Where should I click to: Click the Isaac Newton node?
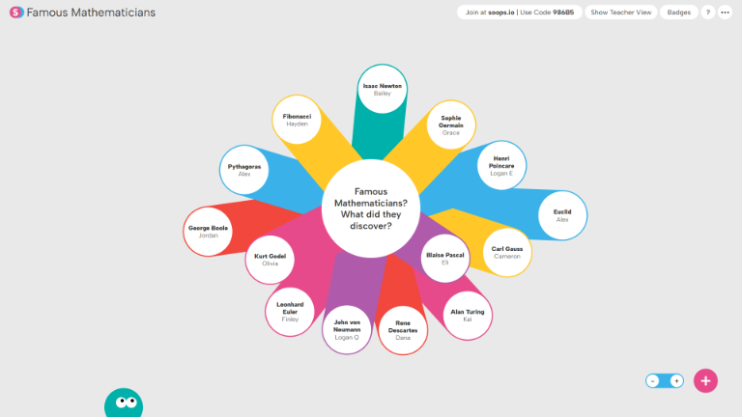383,90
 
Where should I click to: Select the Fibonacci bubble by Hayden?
297,121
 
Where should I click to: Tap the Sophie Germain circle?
451,125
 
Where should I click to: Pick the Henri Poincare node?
501,165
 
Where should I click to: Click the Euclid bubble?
562,215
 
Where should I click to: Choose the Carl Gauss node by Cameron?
507,253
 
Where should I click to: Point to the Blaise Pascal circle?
445,259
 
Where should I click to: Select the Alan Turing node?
468,316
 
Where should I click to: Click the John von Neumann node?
347,330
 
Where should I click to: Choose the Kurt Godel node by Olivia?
270,260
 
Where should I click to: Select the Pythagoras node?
244,170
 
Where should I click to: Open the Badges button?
679,13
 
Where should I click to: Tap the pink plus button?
706,380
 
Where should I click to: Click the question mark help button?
707,13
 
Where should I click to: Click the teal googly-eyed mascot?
124,403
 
